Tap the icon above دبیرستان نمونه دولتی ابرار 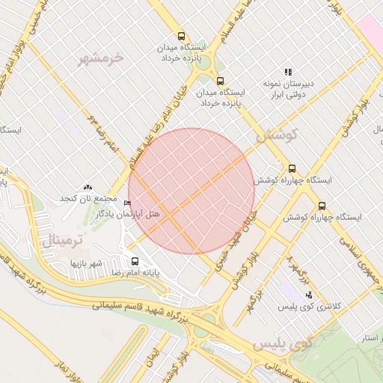click(288, 72)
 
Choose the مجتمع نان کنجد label click(90, 198)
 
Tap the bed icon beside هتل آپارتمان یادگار click(127, 203)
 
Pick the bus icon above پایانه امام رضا click(135, 262)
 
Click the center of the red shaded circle click(191, 191)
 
